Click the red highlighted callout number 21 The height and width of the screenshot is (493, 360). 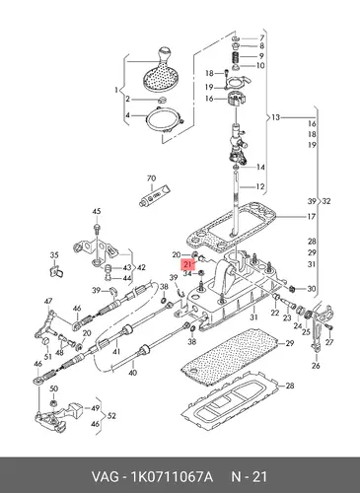[187, 264]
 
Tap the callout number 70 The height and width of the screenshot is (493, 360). [151, 178]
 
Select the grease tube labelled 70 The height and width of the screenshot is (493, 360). [154, 195]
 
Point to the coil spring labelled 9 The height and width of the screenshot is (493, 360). [236, 57]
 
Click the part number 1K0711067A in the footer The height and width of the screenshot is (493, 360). [172, 476]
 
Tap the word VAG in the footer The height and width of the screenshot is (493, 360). [105, 476]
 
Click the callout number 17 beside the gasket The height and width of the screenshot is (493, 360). [311, 217]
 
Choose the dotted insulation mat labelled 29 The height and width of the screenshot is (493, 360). [230, 357]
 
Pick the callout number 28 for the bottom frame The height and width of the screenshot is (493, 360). [290, 386]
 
